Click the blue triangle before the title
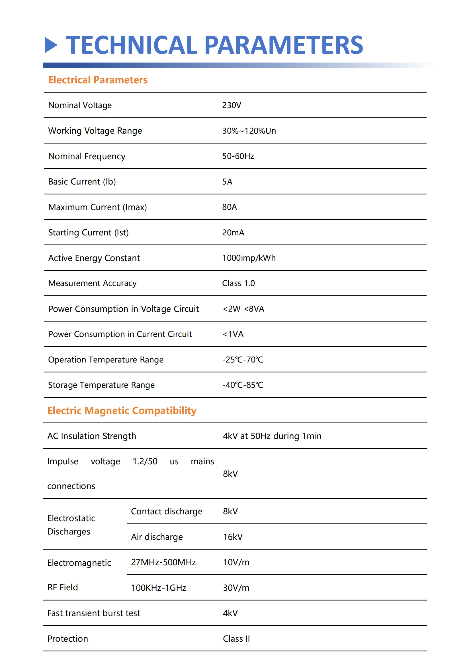(x=51, y=45)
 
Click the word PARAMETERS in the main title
(x=283, y=45)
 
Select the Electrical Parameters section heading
(x=98, y=80)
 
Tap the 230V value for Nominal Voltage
(x=232, y=105)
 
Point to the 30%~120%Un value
(x=249, y=131)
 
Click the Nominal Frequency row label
(x=87, y=156)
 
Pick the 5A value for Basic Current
(x=227, y=182)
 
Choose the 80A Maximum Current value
(x=230, y=207)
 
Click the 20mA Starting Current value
(x=233, y=233)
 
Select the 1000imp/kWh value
(x=249, y=258)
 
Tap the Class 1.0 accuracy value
(x=238, y=283)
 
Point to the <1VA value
(x=233, y=334)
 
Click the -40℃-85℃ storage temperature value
(x=242, y=385)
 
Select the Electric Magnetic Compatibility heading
(x=122, y=411)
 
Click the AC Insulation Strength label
(x=92, y=436)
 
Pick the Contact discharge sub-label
(x=167, y=511)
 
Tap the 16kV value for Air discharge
(x=233, y=537)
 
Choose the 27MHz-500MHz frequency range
(x=163, y=562)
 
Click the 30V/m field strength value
(x=236, y=588)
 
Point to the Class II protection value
(x=236, y=639)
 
